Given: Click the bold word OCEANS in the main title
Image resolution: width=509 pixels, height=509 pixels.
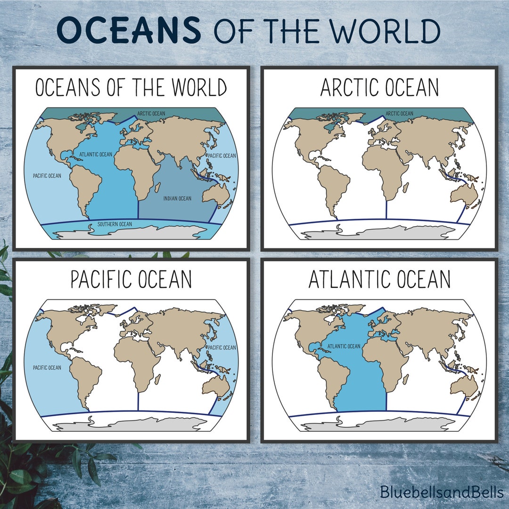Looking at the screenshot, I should [x=129, y=31].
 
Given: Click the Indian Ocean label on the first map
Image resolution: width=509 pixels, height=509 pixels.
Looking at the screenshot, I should [x=177, y=198].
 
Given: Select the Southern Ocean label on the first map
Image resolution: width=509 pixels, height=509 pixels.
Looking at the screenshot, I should [x=115, y=224].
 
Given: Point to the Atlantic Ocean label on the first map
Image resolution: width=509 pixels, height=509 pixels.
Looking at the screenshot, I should [x=96, y=154].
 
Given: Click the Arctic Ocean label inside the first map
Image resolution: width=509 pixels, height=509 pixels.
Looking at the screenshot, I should [x=151, y=114].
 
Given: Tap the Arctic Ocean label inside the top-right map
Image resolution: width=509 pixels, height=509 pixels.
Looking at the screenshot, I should [x=399, y=114].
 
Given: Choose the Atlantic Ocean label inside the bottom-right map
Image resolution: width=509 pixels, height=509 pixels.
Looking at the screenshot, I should [x=344, y=346].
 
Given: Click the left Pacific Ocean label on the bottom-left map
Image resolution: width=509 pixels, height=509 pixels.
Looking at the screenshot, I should [x=47, y=368].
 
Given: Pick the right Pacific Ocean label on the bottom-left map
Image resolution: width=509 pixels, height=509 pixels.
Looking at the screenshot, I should [x=222, y=348].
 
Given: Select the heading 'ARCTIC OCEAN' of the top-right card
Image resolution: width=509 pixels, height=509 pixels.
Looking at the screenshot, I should [x=379, y=88].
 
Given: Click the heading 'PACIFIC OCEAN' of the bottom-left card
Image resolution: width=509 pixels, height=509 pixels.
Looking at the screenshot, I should [x=131, y=279].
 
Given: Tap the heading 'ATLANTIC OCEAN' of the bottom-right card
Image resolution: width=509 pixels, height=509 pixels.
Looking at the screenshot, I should [x=379, y=279].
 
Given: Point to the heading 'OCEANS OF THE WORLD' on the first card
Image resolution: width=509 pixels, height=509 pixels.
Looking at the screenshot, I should [x=131, y=88].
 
